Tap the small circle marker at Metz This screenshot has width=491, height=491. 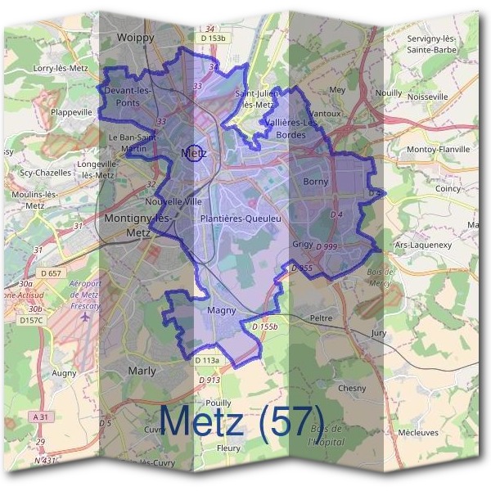coord(193,153)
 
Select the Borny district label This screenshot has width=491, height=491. coord(315,182)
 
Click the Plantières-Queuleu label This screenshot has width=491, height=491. coord(241,219)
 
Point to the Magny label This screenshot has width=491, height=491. coord(222,310)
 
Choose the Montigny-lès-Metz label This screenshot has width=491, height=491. coord(137,225)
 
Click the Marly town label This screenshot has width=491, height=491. coord(142,371)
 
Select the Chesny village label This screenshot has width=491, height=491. coord(352,388)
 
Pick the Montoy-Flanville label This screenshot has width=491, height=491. coord(438,150)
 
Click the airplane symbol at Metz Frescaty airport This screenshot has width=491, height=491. coord(88,317)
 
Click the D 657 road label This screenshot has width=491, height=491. coord(51,273)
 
